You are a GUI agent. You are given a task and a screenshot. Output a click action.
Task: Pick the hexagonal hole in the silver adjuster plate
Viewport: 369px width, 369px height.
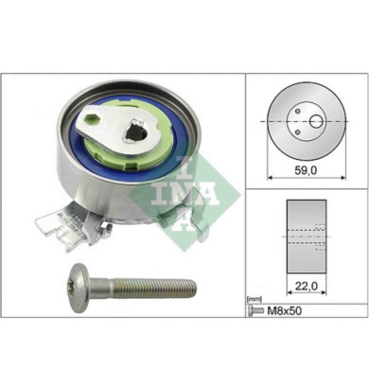click(x=93, y=123)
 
